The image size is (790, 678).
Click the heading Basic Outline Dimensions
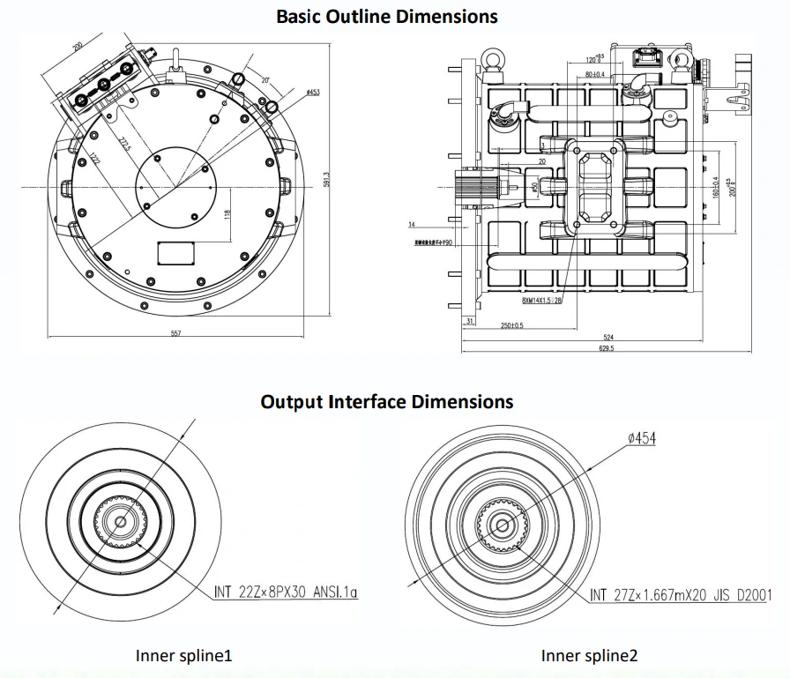click(x=386, y=16)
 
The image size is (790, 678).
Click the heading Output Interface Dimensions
click(x=386, y=402)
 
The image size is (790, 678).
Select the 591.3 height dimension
click(x=326, y=179)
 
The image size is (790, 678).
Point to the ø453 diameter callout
click(x=312, y=93)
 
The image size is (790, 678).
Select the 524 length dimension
click(x=607, y=337)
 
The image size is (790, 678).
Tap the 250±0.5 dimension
click(x=511, y=325)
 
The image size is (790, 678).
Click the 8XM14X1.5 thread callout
click(x=541, y=300)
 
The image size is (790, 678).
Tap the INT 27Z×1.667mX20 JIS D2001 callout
click(x=680, y=595)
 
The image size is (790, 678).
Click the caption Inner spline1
click(x=183, y=656)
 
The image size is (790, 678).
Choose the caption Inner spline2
click(x=589, y=656)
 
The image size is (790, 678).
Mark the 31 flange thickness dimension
click(x=470, y=322)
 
